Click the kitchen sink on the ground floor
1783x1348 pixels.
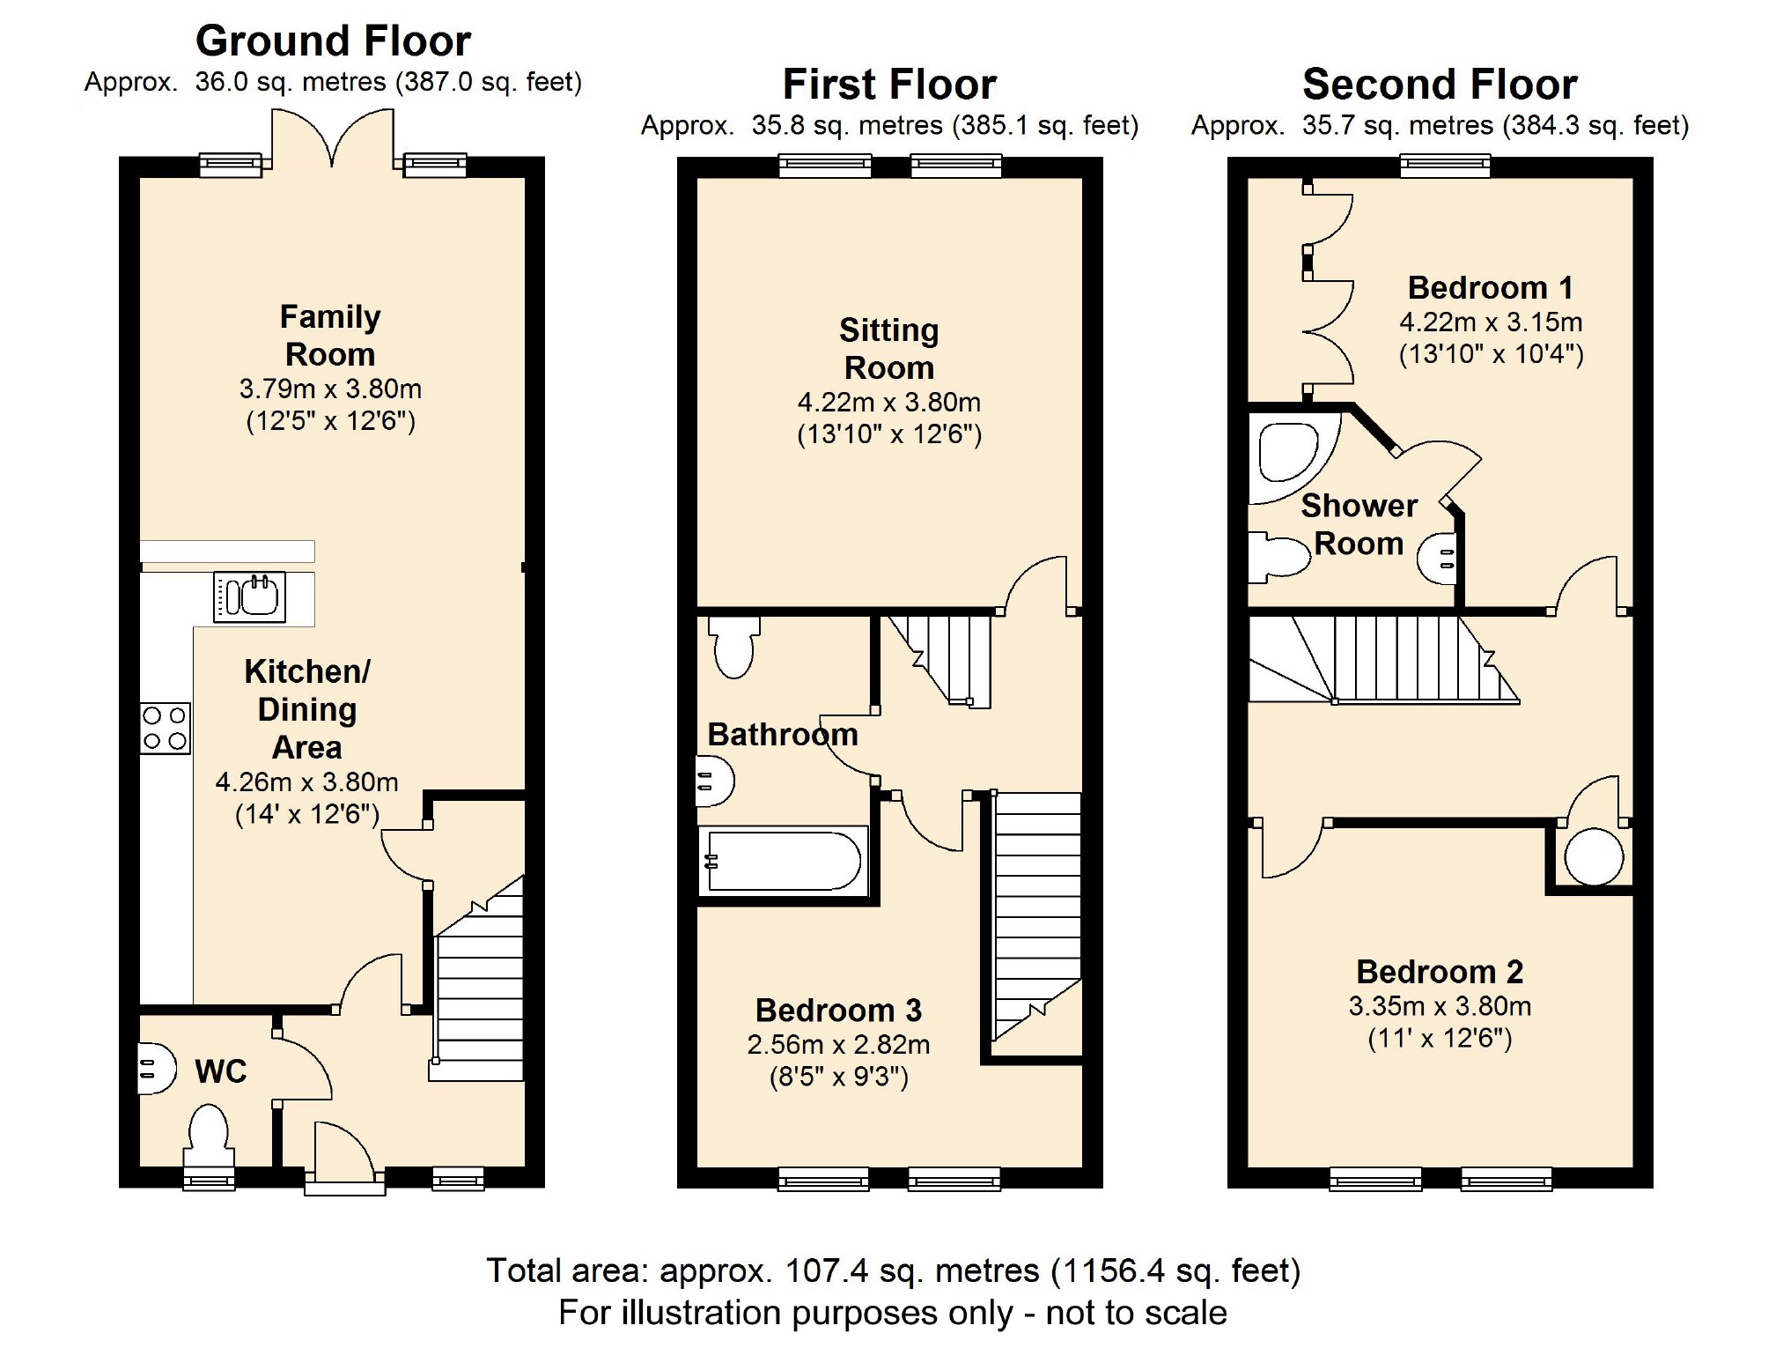click(x=249, y=597)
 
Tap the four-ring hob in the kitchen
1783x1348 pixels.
click(x=166, y=728)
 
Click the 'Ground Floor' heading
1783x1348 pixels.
click(x=333, y=41)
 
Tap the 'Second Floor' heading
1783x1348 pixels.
click(x=1440, y=85)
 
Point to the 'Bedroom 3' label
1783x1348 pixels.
click(x=838, y=1010)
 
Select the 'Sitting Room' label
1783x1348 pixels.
click(x=889, y=349)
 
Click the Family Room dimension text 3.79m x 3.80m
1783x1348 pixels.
click(x=330, y=389)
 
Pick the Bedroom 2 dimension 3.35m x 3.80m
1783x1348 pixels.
click(x=1440, y=1006)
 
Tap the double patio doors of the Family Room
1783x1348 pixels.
click(x=332, y=137)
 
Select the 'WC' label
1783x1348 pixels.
click(x=221, y=1071)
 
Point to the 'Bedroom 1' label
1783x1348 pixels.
click(x=1491, y=287)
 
